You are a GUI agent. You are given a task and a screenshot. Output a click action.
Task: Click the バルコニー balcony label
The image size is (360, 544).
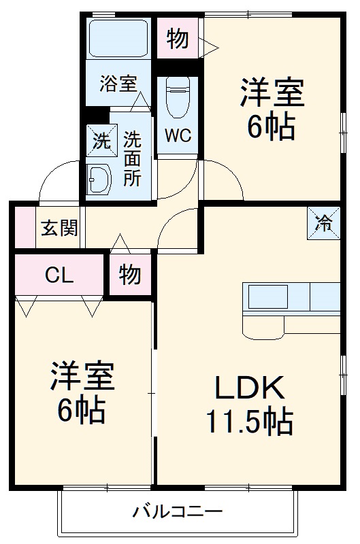178,510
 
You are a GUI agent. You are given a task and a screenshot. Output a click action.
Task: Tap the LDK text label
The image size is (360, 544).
249,388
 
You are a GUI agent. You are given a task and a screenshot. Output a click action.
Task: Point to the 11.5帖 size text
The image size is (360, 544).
249,422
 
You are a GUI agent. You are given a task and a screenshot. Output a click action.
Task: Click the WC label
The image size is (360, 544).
177,135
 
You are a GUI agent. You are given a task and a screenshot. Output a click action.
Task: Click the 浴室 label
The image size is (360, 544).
118,84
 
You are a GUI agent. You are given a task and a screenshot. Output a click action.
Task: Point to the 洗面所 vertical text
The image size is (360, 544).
132,158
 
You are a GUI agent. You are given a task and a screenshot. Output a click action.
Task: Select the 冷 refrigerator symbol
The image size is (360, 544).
323,222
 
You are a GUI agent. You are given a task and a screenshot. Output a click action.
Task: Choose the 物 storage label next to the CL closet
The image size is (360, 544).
129,275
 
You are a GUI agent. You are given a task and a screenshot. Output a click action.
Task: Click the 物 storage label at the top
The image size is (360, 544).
178,39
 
